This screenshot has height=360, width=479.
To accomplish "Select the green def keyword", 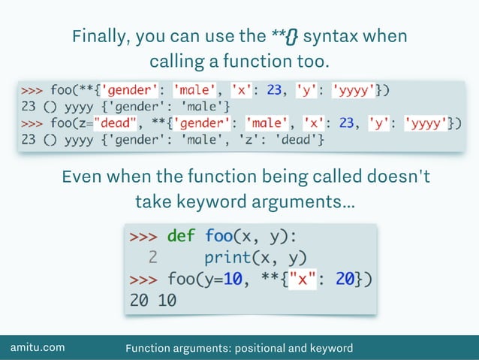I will tap(181, 235).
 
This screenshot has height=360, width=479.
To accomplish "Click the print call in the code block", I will tap(227, 257).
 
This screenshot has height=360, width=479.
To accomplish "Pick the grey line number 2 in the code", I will tap(152, 257).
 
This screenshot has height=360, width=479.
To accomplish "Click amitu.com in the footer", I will tap(37, 347).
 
